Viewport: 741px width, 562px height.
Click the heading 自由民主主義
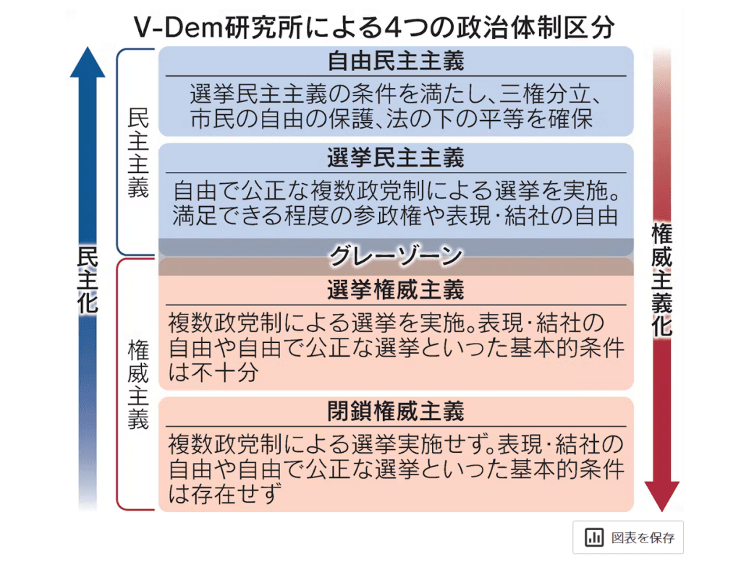(395, 61)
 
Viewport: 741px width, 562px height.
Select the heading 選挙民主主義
(395, 158)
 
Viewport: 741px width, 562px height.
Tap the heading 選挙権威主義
(395, 291)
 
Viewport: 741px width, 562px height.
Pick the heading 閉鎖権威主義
(395, 412)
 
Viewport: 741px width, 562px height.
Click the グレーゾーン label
(395, 255)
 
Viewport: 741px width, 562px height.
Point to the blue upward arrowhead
(88, 61)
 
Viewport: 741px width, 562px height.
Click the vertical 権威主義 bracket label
(137, 384)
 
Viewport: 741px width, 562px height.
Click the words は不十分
(213, 372)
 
